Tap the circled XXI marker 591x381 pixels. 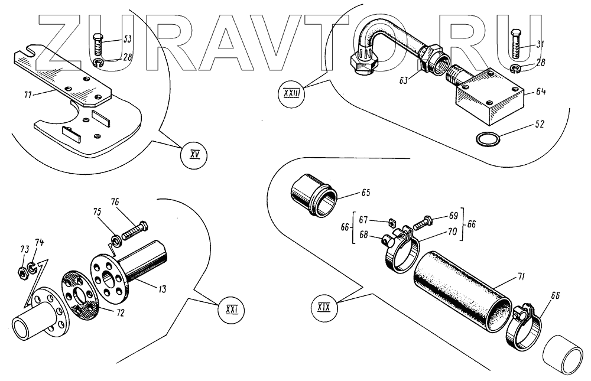(231, 309)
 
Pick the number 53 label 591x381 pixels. (127, 40)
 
